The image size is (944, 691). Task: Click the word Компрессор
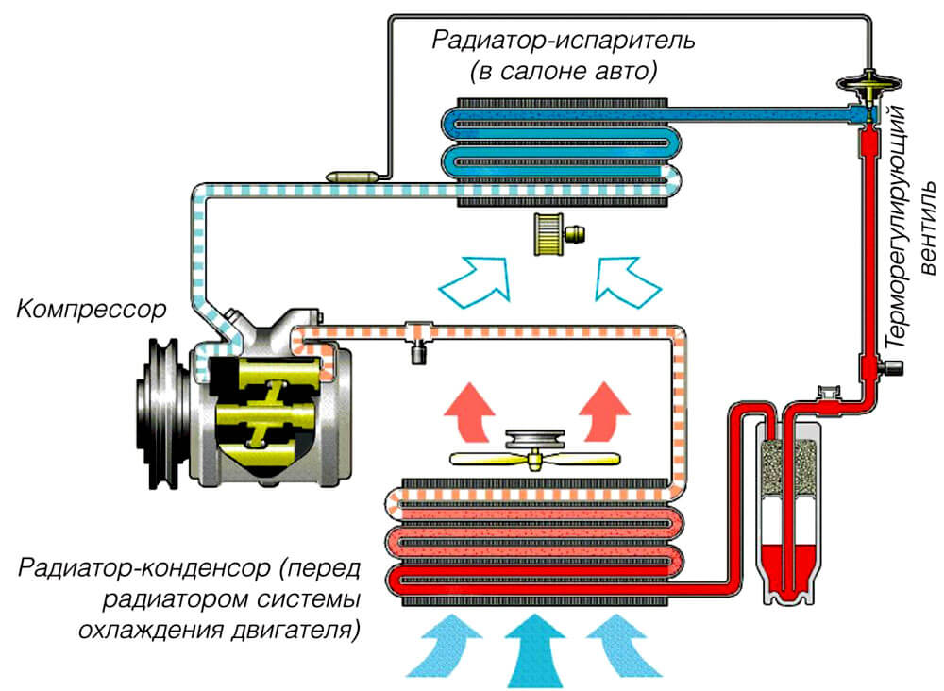pos(91,310)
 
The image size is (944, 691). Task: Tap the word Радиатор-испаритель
pos(564,41)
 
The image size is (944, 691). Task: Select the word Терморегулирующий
pos(897,227)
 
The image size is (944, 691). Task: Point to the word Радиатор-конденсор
pos(144,568)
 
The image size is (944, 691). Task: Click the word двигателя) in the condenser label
pos(295,631)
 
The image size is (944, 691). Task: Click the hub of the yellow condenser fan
pos(535,461)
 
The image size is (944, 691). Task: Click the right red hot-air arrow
pos(603,413)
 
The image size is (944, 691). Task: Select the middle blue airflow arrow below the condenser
pos(534,651)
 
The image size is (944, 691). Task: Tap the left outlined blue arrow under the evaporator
pos(476,278)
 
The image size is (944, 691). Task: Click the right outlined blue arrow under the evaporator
pos(627,278)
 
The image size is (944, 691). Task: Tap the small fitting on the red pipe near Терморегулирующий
pos(890,367)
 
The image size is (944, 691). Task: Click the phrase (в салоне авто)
pos(564,72)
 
